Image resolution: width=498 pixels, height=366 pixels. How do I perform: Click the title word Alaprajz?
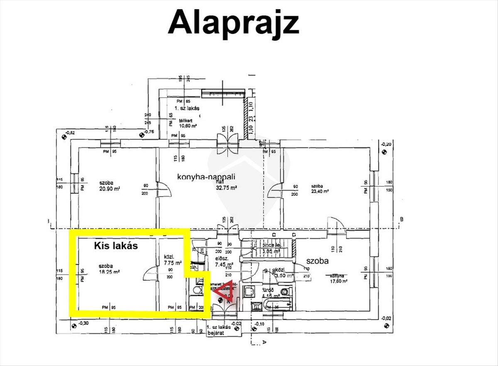tap(233, 22)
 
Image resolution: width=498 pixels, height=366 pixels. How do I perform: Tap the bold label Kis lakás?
tap(115, 245)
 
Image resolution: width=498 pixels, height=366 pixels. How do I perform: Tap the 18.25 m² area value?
tap(110, 272)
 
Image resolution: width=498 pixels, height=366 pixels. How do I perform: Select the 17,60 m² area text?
tap(338, 281)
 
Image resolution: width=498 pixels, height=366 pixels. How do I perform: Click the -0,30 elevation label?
tap(83, 324)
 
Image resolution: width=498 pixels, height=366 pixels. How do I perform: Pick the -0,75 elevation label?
tap(149, 132)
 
